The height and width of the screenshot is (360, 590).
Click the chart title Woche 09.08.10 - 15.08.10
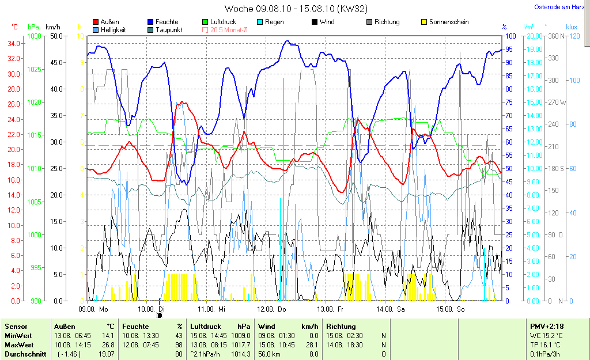click(x=296, y=9)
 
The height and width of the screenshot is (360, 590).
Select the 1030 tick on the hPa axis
click(x=35, y=36)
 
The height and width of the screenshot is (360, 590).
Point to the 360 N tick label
click(x=554, y=36)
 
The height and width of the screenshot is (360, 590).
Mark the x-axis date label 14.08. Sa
click(x=390, y=309)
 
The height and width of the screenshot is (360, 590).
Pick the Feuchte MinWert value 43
click(x=179, y=336)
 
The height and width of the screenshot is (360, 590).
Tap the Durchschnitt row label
click(x=25, y=354)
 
